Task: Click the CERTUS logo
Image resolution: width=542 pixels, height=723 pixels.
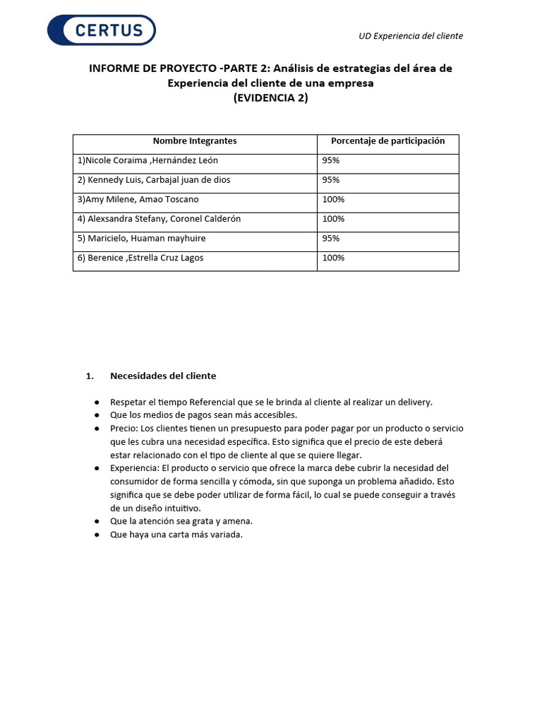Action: click(x=101, y=30)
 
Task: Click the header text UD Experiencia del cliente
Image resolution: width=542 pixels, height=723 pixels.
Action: click(x=411, y=36)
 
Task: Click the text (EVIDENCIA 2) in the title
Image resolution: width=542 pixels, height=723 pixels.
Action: click(x=270, y=98)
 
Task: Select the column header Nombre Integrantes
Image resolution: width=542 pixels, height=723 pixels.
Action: click(x=195, y=141)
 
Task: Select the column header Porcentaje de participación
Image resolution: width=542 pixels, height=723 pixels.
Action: click(x=387, y=141)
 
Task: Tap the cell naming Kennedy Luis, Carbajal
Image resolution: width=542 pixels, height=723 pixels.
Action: click(x=154, y=180)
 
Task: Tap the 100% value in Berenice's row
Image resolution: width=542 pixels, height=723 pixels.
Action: click(x=333, y=258)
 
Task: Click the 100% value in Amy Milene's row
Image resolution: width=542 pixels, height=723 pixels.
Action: click(x=333, y=200)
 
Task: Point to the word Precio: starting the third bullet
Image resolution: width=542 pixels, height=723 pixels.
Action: click(x=124, y=429)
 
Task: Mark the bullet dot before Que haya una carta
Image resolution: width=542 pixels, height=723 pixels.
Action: click(x=96, y=535)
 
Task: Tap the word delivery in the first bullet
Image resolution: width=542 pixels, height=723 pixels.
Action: click(x=414, y=402)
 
